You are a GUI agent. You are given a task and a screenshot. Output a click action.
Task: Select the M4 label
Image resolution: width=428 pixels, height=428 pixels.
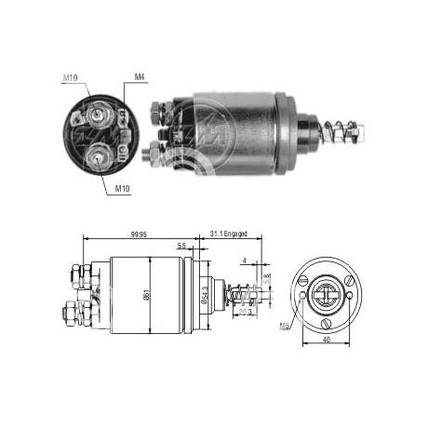(140, 76)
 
